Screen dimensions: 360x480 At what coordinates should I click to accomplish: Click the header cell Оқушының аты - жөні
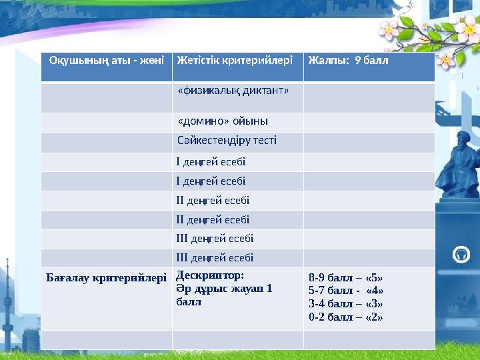pyautogui.click(x=106, y=60)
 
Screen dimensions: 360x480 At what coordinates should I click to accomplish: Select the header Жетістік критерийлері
pyautogui.click(x=235, y=60)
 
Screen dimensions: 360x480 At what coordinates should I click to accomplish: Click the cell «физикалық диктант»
pyautogui.click(x=233, y=91)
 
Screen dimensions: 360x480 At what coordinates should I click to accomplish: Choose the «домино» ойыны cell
pyautogui.click(x=223, y=122)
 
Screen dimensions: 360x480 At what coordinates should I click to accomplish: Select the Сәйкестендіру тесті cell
pyautogui.click(x=227, y=141)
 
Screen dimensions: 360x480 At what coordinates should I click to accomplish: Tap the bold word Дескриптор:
pyautogui.click(x=210, y=275)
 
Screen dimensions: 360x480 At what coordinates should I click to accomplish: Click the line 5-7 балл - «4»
pyautogui.click(x=345, y=291)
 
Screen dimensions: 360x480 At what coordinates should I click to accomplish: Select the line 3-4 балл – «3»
pyautogui.click(x=345, y=303)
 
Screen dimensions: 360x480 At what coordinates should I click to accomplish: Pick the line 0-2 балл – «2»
pyautogui.click(x=345, y=317)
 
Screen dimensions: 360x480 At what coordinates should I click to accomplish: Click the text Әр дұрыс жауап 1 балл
pyautogui.click(x=223, y=295)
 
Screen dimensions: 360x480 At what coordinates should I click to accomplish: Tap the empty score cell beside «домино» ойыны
pyautogui.click(x=369, y=122)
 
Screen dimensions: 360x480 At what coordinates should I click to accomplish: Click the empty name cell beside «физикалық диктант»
pyautogui.click(x=106, y=97)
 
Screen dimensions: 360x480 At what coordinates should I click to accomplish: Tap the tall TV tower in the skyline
pyautogui.click(x=8, y=307)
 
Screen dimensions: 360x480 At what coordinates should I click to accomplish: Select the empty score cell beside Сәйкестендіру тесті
pyautogui.click(x=369, y=142)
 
